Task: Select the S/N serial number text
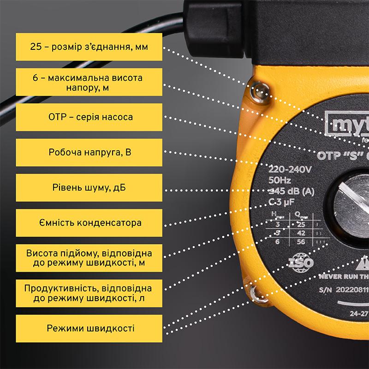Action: coord(341,292)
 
